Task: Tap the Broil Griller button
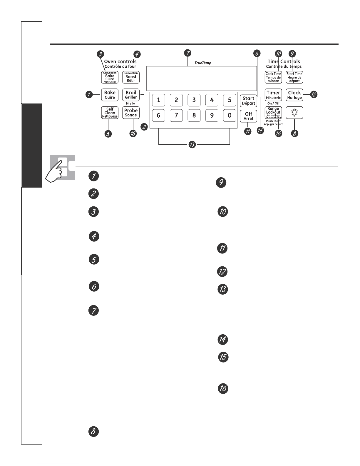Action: point(131,95)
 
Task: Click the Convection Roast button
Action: point(131,77)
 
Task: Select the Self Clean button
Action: point(110,113)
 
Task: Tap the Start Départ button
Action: point(248,101)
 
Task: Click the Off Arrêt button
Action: point(248,116)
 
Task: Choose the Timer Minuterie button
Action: point(273,95)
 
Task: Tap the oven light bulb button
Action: point(294,113)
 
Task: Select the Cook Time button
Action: point(273,77)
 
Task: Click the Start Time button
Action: point(294,77)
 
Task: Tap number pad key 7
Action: point(176,115)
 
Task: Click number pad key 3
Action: point(194,100)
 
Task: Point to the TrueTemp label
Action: point(203,63)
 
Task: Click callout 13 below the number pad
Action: point(192,144)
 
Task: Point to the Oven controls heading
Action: point(120,61)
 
